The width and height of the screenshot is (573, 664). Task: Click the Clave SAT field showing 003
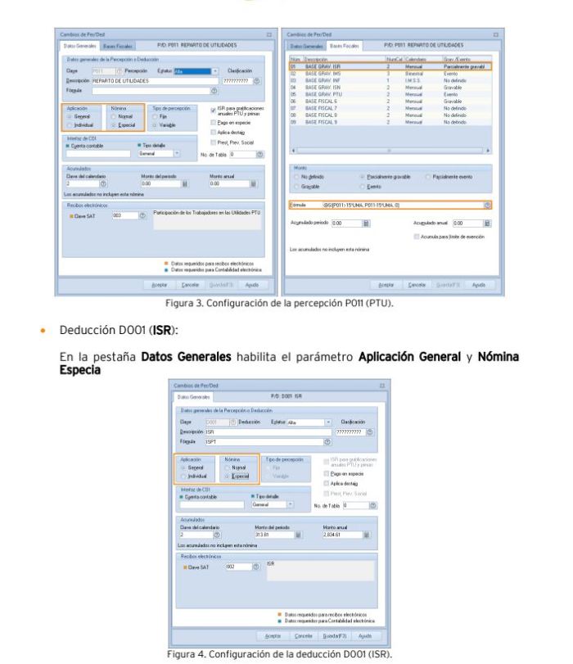tap(119, 216)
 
